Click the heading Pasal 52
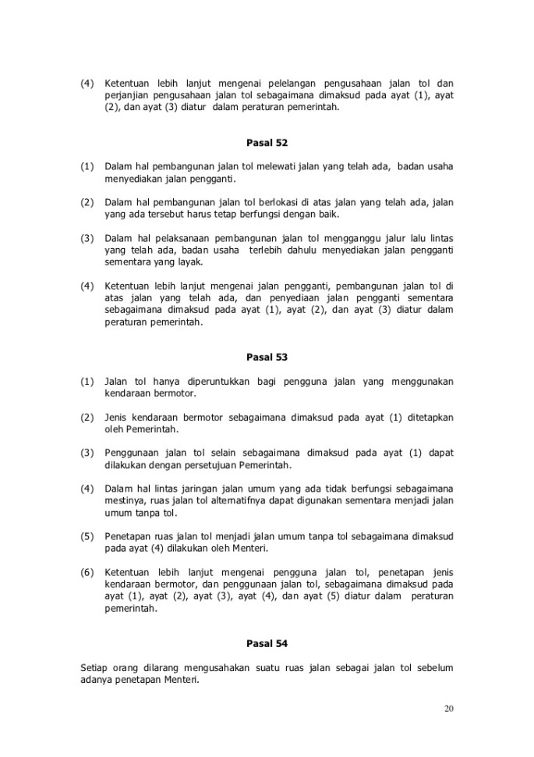pyautogui.click(x=267, y=143)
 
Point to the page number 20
pyautogui.click(x=448, y=709)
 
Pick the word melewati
pyautogui.click(x=246, y=166)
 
